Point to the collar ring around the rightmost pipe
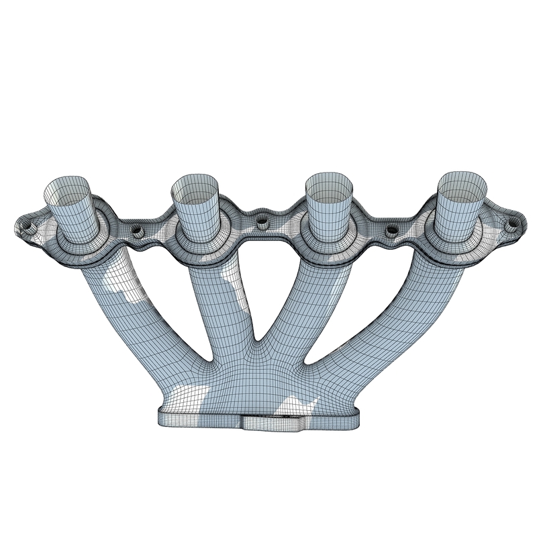coord(463,234)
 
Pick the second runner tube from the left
coord(222,302)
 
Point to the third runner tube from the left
coord(295,302)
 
